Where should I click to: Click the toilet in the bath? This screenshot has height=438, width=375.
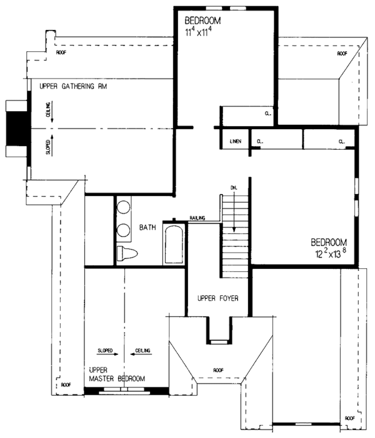click(x=127, y=253)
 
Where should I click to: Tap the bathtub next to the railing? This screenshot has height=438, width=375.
click(x=174, y=245)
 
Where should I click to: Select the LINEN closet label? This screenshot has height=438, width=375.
click(x=236, y=142)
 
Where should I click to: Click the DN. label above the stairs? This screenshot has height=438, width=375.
click(x=234, y=188)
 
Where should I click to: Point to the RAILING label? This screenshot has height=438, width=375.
click(x=197, y=218)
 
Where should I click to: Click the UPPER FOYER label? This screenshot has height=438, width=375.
click(x=218, y=298)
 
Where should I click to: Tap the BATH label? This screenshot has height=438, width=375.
click(x=147, y=227)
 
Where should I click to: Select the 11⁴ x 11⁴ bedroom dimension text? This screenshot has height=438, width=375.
click(x=198, y=32)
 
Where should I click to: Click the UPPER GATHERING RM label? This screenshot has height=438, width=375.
click(x=73, y=86)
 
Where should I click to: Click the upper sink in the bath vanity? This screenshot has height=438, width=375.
click(x=123, y=208)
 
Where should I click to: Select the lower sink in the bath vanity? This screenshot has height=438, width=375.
click(x=123, y=230)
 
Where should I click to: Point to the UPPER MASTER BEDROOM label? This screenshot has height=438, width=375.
click(x=117, y=374)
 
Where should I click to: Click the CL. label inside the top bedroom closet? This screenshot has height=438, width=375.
click(x=268, y=114)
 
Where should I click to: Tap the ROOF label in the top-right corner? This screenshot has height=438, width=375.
click(x=342, y=54)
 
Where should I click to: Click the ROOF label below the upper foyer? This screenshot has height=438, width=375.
click(x=218, y=370)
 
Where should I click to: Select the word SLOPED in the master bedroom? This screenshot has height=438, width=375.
click(x=105, y=351)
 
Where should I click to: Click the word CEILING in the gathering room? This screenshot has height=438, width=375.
click(x=48, y=110)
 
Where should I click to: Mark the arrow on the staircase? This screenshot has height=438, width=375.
click(x=234, y=212)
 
